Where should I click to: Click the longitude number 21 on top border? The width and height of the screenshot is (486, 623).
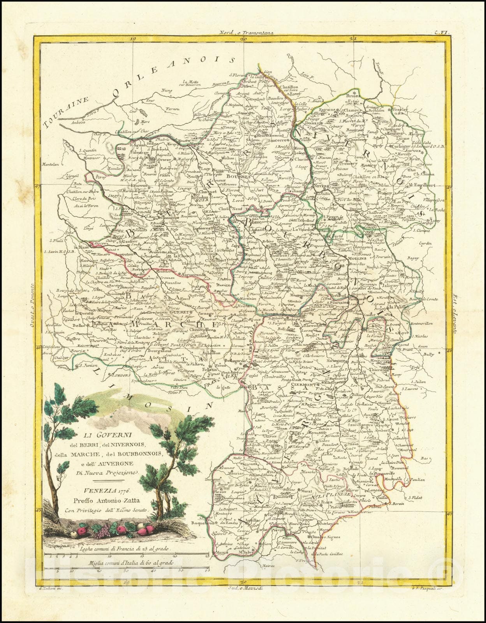(353, 39)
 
